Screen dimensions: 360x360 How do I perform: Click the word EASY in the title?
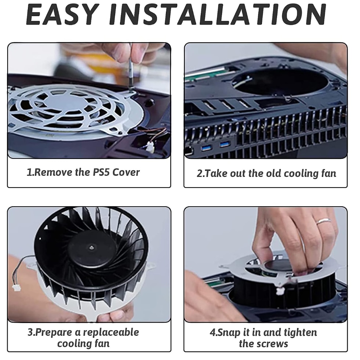pyautogui.click(x=62, y=14)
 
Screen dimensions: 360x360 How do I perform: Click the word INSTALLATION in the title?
pyautogui.click(x=218, y=14)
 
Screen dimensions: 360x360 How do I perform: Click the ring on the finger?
pyautogui.click(x=324, y=221)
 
